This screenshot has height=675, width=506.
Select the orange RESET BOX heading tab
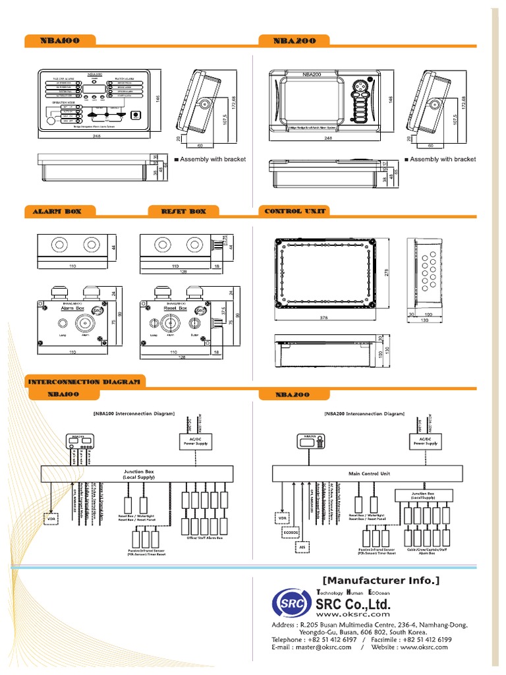[x=184, y=212]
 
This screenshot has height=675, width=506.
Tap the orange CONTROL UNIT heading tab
[x=295, y=212]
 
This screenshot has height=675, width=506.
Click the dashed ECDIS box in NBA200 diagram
[x=293, y=531]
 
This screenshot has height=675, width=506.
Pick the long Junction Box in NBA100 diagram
[x=138, y=473]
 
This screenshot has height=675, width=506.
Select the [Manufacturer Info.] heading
[x=380, y=580]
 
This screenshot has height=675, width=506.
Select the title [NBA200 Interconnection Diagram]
[x=364, y=414]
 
